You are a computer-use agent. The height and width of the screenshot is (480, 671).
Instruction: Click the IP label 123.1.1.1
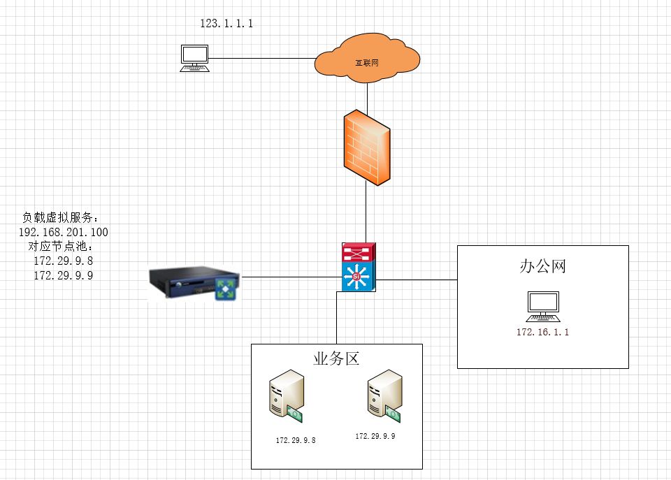(x=226, y=24)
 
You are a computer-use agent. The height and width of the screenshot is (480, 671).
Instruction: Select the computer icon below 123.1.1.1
(x=194, y=58)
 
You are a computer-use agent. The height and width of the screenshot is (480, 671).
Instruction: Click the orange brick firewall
(x=366, y=147)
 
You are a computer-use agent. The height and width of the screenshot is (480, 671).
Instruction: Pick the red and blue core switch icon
(x=359, y=266)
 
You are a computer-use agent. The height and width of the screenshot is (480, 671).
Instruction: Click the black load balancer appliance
(x=194, y=283)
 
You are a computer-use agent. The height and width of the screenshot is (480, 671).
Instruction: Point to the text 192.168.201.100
(x=63, y=232)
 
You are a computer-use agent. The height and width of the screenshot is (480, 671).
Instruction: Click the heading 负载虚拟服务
(x=62, y=217)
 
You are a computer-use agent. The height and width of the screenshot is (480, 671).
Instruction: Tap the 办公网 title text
(x=542, y=266)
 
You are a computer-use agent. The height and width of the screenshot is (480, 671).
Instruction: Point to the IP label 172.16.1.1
(x=542, y=333)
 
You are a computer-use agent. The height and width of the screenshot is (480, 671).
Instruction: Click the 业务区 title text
(x=336, y=359)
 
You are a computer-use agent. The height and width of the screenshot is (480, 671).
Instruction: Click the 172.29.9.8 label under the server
(x=296, y=440)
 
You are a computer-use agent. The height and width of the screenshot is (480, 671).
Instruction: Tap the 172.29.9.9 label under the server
(x=375, y=436)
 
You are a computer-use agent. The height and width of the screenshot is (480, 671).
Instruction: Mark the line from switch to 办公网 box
(x=417, y=280)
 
